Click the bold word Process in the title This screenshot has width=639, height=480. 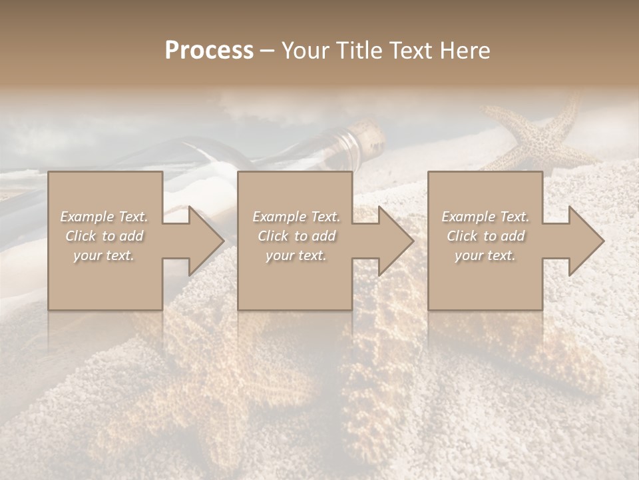(209, 51)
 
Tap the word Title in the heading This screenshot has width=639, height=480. (359, 51)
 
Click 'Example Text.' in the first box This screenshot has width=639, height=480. (105, 217)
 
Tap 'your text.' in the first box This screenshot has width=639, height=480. (105, 255)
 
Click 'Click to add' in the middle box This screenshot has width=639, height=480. (296, 236)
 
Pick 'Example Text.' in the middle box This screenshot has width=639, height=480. (296, 217)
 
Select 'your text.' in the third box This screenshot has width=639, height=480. (485, 255)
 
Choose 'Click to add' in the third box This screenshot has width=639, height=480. (485, 236)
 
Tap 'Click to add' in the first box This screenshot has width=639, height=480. (105, 236)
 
